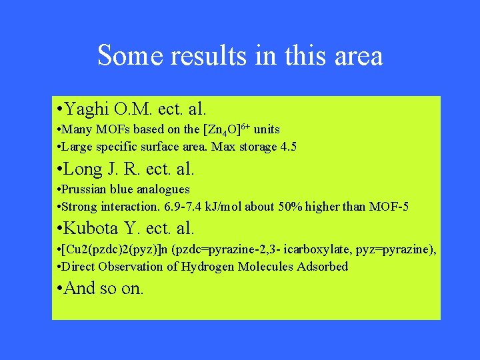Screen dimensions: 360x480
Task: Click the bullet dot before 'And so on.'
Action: (61, 289)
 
